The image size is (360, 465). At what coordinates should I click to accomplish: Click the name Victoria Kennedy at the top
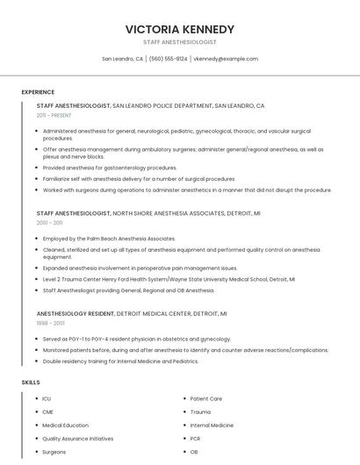tap(180, 29)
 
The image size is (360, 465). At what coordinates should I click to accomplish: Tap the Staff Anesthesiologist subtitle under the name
tap(180, 42)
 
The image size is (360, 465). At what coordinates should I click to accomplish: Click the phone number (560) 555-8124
tap(168, 59)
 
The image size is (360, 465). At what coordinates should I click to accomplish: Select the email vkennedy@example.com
tap(226, 59)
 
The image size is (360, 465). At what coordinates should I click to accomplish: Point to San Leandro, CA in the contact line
tap(122, 59)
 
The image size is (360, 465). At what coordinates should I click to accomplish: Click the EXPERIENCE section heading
tap(38, 92)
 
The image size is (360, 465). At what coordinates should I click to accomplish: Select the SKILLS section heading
tap(31, 383)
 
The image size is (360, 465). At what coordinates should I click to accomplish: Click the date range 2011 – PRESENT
tap(54, 115)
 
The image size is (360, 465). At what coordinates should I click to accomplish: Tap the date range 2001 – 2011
tap(49, 223)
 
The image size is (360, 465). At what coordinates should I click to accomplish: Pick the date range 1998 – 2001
tap(49, 323)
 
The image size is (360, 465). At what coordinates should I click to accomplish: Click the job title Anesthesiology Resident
tap(75, 313)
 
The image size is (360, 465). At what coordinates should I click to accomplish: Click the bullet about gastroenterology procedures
tap(110, 168)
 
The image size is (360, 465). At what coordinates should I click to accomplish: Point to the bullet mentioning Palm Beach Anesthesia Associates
tap(109, 239)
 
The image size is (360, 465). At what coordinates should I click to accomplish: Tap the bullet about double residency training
tap(120, 361)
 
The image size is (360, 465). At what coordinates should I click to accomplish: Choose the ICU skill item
tap(47, 399)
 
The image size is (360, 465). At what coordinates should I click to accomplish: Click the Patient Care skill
tap(206, 399)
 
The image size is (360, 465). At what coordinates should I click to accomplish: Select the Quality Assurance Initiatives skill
tap(78, 439)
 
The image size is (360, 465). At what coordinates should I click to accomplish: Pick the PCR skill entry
tap(196, 439)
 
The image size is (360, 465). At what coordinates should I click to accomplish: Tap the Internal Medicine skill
tap(212, 426)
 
